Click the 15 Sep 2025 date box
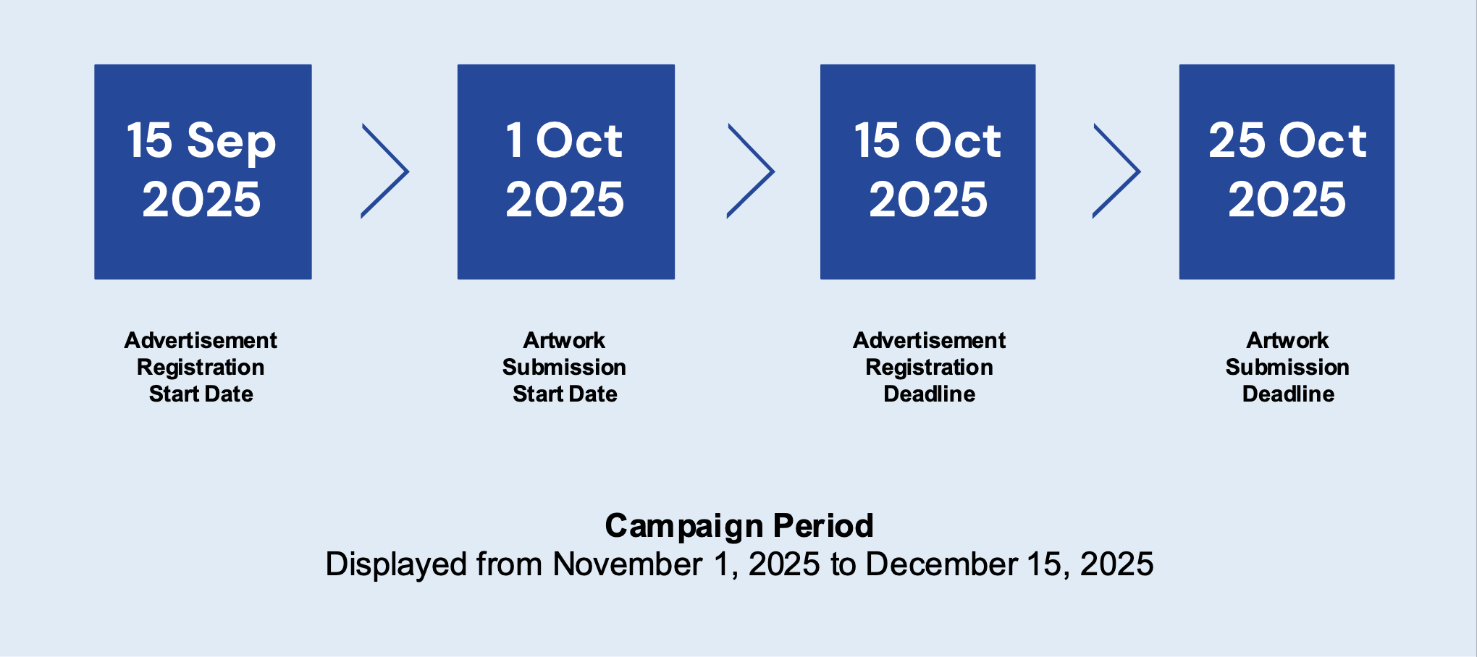click(x=203, y=172)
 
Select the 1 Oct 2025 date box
click(x=566, y=172)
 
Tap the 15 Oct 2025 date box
click(x=927, y=172)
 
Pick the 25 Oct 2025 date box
click(x=1287, y=172)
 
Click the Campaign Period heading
click(x=739, y=526)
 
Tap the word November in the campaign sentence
click(x=627, y=564)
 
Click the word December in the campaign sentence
click(x=941, y=564)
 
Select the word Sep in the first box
click(x=232, y=142)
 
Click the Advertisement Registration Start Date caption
click(x=201, y=367)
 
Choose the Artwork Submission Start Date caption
click(x=565, y=367)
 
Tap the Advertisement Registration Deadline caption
click(x=930, y=367)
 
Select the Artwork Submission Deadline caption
click(x=1287, y=367)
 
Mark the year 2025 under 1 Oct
click(x=565, y=199)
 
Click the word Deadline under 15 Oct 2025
click(x=930, y=394)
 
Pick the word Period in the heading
click(x=823, y=526)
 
